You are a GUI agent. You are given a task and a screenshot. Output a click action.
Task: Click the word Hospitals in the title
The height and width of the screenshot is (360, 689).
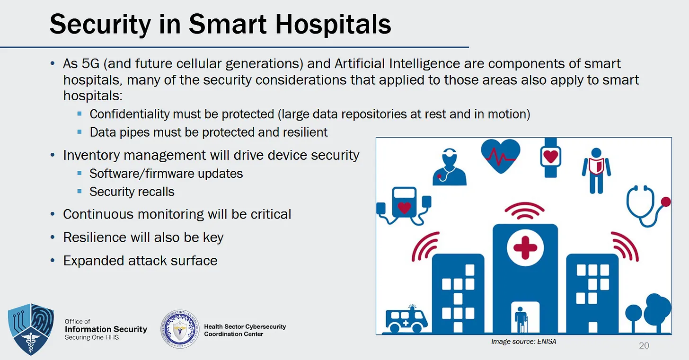(x=333, y=25)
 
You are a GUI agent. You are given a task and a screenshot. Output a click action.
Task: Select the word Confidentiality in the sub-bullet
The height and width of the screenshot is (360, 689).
(x=130, y=114)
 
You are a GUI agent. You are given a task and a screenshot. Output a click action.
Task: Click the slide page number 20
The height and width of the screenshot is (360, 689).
(x=644, y=345)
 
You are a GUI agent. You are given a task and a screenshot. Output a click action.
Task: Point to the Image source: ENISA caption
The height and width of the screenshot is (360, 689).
(x=523, y=342)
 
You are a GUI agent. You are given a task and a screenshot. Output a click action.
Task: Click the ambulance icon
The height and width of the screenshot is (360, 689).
(x=406, y=319)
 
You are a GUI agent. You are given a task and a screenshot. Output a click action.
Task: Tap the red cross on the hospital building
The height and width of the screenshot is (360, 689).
(x=525, y=248)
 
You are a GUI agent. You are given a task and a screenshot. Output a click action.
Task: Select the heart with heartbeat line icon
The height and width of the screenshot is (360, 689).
(x=501, y=156)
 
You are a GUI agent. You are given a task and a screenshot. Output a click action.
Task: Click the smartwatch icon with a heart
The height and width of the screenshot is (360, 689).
(x=551, y=158)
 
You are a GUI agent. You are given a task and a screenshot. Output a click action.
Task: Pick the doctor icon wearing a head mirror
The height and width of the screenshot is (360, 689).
(x=449, y=167)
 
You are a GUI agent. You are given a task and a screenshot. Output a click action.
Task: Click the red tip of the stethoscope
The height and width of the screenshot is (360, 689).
(x=666, y=202)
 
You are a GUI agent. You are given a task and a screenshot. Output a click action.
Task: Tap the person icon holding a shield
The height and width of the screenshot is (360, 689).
(x=596, y=171)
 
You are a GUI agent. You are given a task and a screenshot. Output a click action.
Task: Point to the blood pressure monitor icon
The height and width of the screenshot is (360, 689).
(x=404, y=205)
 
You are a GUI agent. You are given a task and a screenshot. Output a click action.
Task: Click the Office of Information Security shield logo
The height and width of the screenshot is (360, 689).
(x=31, y=329)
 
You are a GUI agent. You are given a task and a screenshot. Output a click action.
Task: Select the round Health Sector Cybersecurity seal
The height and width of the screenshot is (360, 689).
(x=180, y=329)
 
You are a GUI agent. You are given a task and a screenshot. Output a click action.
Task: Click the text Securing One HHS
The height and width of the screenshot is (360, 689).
(x=92, y=337)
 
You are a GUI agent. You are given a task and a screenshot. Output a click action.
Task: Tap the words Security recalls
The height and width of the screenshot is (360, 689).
(x=132, y=192)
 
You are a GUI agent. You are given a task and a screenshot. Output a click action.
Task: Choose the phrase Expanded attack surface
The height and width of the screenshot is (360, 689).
(x=140, y=261)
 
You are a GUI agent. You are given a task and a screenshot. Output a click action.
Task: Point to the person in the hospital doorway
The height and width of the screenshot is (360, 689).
(x=521, y=320)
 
